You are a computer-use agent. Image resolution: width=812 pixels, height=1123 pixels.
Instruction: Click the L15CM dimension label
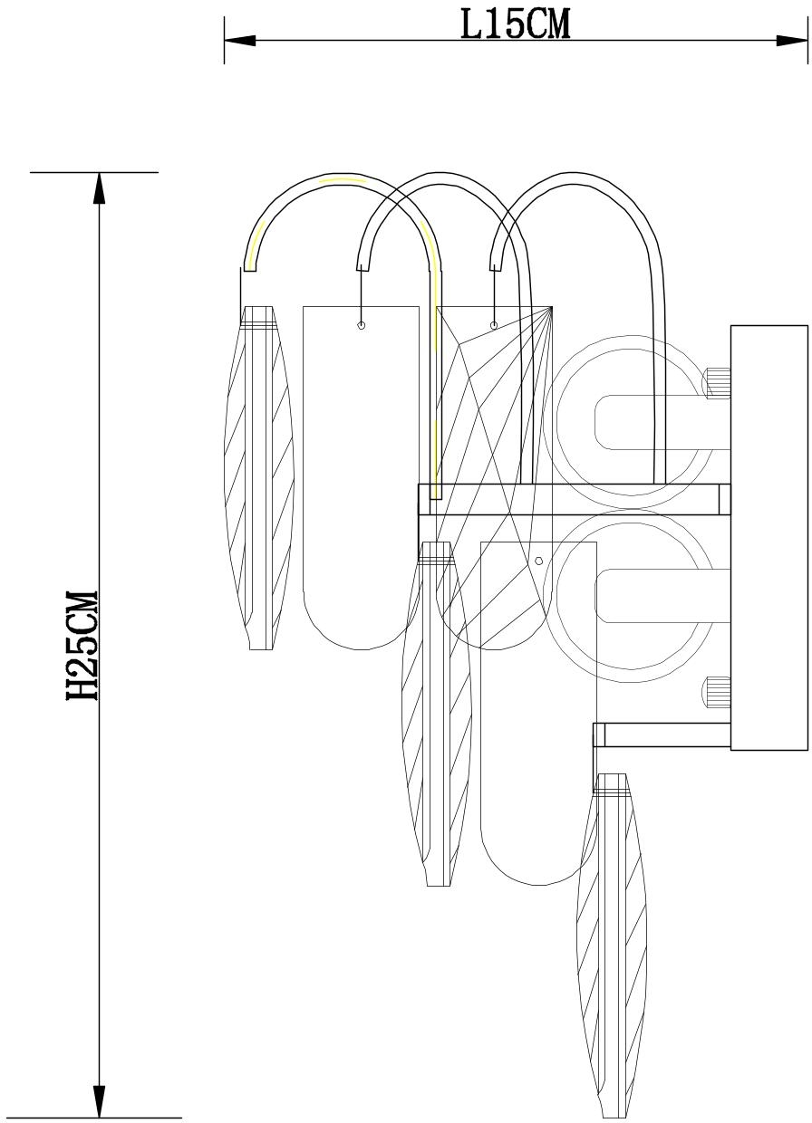[516, 25]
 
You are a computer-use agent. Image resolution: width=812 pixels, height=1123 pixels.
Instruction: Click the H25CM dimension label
[82, 646]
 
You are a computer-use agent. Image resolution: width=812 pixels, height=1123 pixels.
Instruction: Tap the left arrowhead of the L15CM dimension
[240, 41]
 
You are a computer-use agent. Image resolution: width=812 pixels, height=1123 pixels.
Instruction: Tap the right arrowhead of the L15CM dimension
[792, 41]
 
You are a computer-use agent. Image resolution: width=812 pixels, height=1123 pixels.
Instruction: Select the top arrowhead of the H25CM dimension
[100, 188]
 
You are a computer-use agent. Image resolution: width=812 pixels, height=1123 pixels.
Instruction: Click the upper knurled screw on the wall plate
[719, 383]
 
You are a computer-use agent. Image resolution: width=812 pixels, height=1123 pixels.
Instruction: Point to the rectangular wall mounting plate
[769, 538]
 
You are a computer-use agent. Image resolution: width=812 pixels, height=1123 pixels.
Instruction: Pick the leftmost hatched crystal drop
[259, 478]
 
